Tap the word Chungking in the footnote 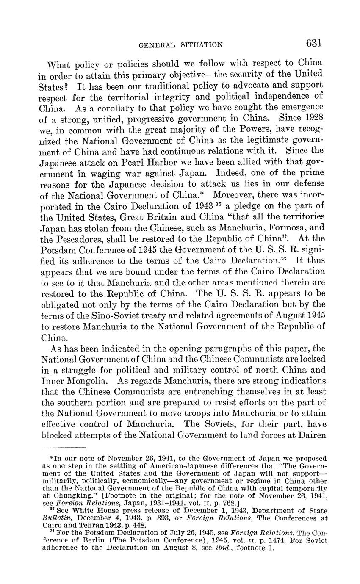pyautogui.click(x=64, y=494)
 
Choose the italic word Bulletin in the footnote pyautogui.click(x=57, y=518)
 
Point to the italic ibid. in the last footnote pyautogui.click(x=225, y=548)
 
